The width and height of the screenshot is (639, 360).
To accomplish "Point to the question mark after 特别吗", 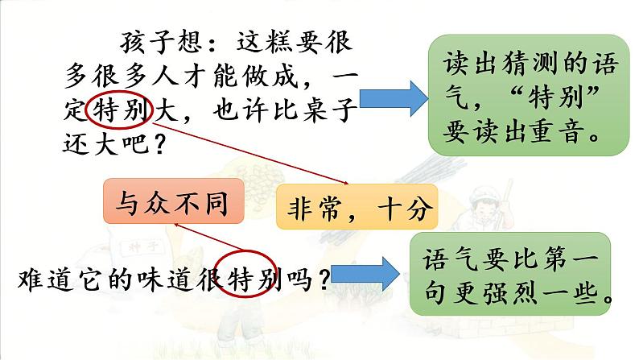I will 323,280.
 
